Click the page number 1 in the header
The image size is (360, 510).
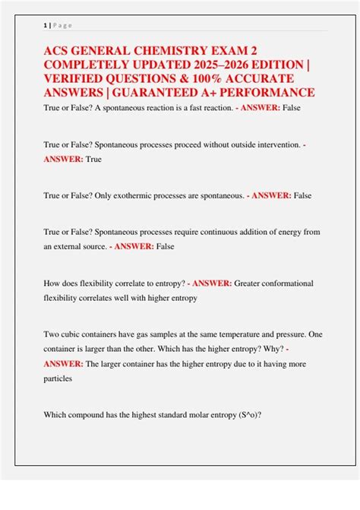(x=45, y=25)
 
